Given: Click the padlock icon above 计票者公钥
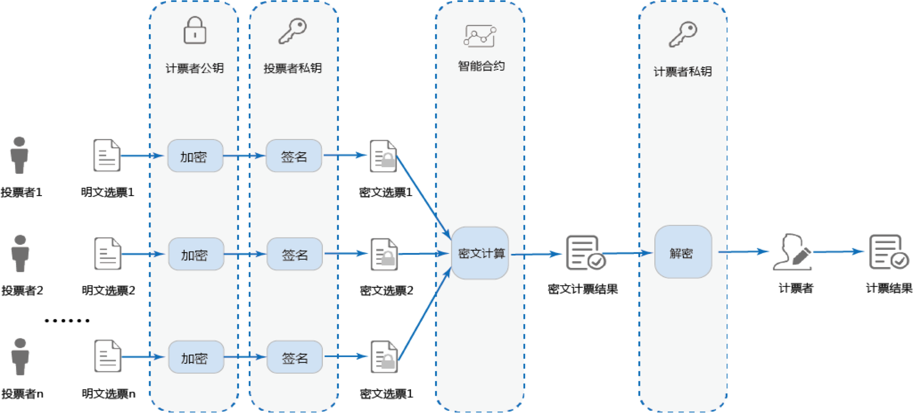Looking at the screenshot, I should point(195,31).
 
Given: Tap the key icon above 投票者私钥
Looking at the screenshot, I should point(292,31).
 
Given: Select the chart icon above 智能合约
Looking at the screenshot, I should point(480,36).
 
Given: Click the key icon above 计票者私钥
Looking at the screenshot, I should point(683,34).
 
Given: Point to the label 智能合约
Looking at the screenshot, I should point(481,66).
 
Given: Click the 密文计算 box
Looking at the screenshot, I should point(480,253).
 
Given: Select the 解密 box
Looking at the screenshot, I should point(683,252).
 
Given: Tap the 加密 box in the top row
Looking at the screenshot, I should point(195,156).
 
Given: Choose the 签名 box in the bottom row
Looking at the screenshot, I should point(295,357).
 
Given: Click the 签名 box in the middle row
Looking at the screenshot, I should point(295,254).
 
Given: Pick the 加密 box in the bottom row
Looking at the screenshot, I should point(196,357).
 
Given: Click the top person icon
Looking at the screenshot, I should point(19,155).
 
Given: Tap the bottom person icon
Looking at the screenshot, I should point(20,356).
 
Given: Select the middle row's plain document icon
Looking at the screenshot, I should point(108,254).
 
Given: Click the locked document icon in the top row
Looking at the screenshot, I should point(384,156).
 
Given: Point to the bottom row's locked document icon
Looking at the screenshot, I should point(384,357).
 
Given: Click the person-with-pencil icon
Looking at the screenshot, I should point(793,253).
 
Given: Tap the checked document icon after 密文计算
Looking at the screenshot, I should point(586,253).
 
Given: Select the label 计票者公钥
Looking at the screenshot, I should point(195,68).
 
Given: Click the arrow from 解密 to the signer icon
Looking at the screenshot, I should point(743,252).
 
